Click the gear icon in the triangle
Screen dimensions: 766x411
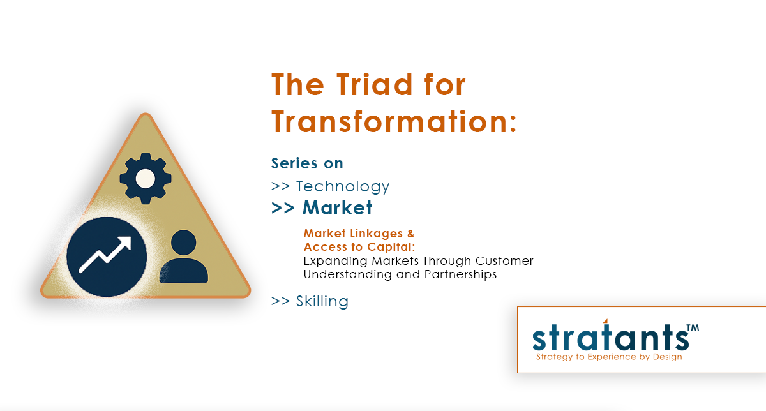point(146,178)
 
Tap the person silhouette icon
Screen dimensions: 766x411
point(184,257)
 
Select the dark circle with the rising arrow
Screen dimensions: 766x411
point(107,257)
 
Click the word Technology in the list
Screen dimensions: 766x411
point(343,187)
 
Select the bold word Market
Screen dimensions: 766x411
point(338,208)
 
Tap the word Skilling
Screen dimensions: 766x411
point(322,301)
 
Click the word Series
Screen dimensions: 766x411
point(294,163)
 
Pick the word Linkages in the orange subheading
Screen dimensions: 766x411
point(376,234)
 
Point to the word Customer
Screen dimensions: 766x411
point(504,261)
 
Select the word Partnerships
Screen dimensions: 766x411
point(460,274)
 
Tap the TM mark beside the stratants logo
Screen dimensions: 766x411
point(693,328)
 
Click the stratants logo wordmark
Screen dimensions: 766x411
point(611,337)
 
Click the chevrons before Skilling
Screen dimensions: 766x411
point(280,301)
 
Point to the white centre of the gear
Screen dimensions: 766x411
point(146,179)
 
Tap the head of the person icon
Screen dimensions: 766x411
point(184,243)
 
